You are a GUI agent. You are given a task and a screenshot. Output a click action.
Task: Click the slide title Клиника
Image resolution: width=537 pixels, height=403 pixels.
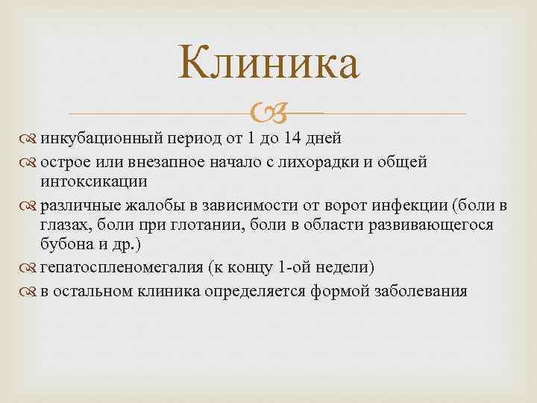point(268,66)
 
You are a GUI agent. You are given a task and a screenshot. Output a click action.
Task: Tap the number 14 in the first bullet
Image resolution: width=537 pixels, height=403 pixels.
point(295,138)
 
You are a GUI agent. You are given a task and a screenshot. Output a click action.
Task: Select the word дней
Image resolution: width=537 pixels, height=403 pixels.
point(325,138)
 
